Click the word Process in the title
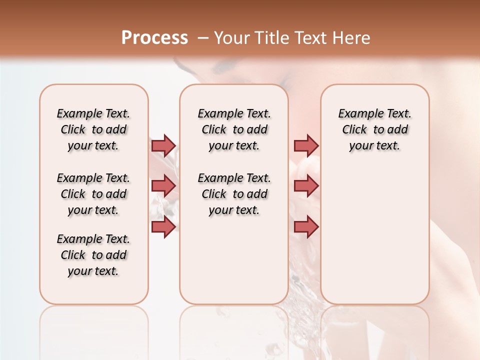(154, 37)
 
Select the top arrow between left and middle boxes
(163, 145)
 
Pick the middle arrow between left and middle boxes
(163, 186)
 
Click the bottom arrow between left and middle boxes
(163, 227)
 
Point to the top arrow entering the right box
(306, 145)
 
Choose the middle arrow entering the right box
(306, 186)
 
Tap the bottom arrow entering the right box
(306, 227)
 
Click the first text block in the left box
(93, 129)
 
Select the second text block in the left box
(93, 194)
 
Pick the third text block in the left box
(93, 255)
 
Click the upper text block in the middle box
(234, 129)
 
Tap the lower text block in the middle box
(234, 194)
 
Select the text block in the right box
(375, 129)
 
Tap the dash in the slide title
(202, 37)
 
